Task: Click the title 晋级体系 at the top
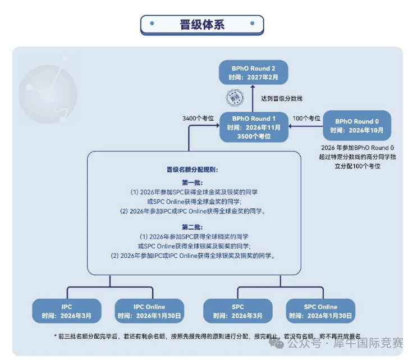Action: [202, 25]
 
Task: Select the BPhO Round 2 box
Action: [253, 72]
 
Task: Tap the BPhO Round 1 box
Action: [254, 127]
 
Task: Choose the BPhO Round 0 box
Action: [357, 126]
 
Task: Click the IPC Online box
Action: [149, 311]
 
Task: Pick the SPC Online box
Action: [320, 311]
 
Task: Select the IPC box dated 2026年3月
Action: [66, 311]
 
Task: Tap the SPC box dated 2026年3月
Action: [238, 311]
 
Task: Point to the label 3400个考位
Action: [198, 119]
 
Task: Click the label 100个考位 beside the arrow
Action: [306, 119]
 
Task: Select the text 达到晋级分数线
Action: [282, 98]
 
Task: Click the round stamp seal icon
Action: [235, 98]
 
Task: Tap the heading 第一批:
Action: [193, 183]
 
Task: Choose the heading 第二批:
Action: [193, 227]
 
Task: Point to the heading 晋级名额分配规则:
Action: [193, 170]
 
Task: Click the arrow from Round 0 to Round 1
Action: [305, 126]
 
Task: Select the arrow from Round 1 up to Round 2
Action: [253, 98]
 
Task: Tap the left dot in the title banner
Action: [152, 24]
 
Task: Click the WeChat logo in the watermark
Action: [276, 343]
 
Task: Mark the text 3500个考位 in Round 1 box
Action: [254, 136]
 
